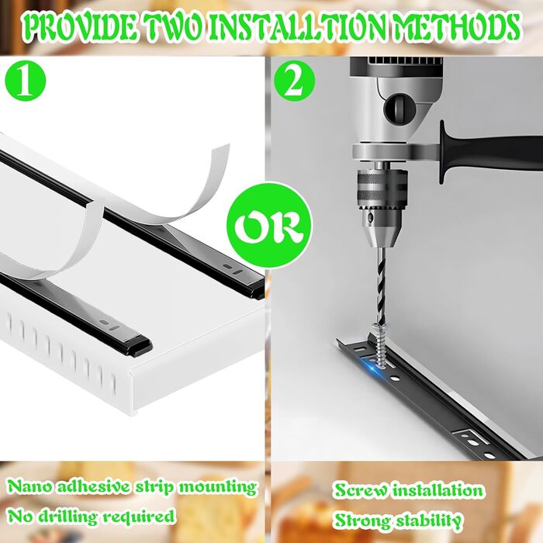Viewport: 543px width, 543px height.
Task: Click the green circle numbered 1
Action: [26, 81]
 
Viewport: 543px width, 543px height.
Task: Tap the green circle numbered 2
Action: [294, 81]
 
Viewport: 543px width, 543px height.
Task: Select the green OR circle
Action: [269, 226]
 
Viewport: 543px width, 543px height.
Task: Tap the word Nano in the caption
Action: [29, 487]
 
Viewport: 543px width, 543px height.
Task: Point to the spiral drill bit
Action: [380, 285]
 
